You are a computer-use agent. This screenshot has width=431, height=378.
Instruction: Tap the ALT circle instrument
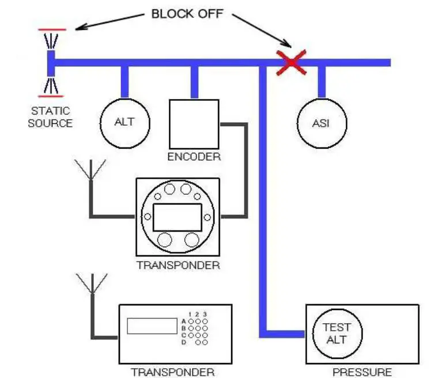pyautogui.click(x=124, y=122)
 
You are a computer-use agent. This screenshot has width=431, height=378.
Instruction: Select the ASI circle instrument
pyautogui.click(x=322, y=123)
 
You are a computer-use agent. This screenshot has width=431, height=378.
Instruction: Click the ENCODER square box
pyautogui.click(x=194, y=123)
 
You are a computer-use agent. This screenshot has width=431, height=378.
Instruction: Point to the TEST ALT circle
pyautogui.click(x=337, y=334)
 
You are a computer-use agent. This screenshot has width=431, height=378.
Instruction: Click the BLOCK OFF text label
pyautogui.click(x=186, y=14)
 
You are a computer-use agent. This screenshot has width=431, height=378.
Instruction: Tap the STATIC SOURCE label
pyautogui.click(x=50, y=117)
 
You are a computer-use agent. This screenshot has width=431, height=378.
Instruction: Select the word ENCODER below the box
pyautogui.click(x=194, y=157)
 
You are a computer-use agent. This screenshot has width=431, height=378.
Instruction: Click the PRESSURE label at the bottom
pyautogui.click(x=362, y=372)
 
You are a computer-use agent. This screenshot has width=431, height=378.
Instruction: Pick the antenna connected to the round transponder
pyautogui.click(x=90, y=170)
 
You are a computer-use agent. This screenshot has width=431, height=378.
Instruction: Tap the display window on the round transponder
pyautogui.click(x=177, y=217)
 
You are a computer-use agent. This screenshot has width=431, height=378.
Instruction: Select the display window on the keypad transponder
pyautogui.click(x=151, y=326)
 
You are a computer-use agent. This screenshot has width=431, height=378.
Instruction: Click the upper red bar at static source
pyautogui.click(x=52, y=28)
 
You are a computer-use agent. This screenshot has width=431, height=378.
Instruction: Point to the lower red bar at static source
pyautogui.click(x=51, y=96)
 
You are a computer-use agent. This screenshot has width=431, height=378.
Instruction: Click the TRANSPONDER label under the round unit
pyautogui.click(x=178, y=266)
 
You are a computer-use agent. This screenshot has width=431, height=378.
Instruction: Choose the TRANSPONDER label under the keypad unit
pyautogui.click(x=172, y=372)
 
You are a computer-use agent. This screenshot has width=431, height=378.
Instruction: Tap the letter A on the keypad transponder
pyautogui.click(x=184, y=321)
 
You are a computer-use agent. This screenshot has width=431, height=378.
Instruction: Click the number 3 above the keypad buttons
pyautogui.click(x=205, y=314)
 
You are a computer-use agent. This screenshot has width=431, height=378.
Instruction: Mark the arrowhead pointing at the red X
pyautogui.click(x=286, y=44)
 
